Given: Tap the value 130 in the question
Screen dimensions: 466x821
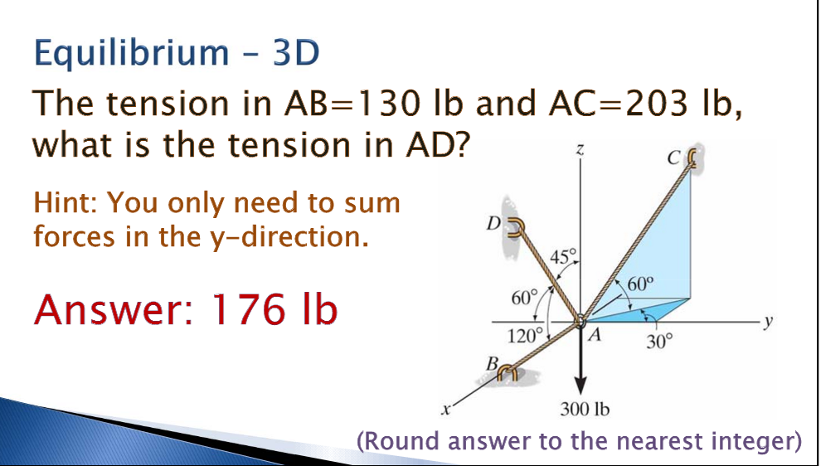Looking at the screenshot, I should click(x=384, y=104).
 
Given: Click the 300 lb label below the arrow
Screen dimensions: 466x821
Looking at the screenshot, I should click(x=585, y=409).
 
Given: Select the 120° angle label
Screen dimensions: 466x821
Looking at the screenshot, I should click(x=525, y=337).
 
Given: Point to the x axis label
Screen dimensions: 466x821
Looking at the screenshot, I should click(x=445, y=408).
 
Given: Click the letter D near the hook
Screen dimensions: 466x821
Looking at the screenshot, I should click(x=495, y=223).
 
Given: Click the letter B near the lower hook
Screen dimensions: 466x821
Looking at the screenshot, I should click(x=490, y=362).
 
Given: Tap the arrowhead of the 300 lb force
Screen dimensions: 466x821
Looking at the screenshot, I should click(x=581, y=383).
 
